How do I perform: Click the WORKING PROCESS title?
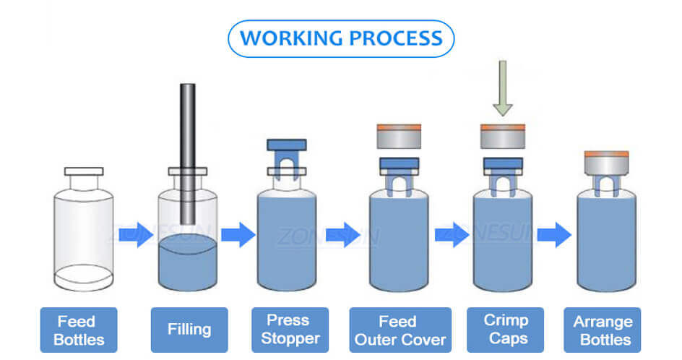tap(341, 38)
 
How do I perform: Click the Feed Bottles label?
tap(77, 330)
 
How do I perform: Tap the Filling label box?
tap(189, 330)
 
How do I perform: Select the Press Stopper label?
tap(289, 330)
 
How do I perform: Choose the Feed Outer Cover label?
tap(399, 330)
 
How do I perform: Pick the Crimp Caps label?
tap(506, 330)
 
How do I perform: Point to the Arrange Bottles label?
tap(603, 330)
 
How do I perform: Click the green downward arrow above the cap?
tap(503, 87)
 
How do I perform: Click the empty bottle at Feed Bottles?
tap(84, 231)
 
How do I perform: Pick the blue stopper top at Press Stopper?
tap(287, 145)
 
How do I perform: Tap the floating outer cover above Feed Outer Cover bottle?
tap(399, 137)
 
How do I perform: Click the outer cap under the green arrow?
tap(503, 137)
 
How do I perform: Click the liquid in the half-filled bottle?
tap(187, 264)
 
